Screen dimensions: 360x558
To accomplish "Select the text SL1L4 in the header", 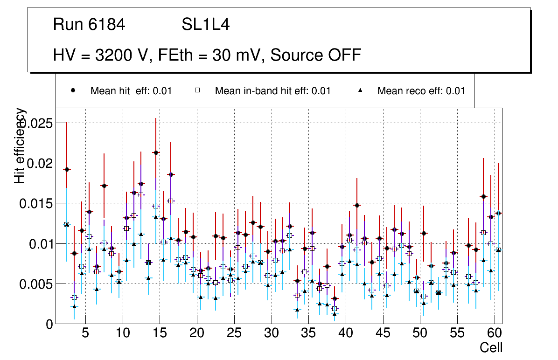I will coord(205,25).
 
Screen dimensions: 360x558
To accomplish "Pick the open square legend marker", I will coord(197,91).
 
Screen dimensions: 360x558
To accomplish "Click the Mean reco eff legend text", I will coord(421,91).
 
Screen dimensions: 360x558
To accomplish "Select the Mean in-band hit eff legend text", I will coord(272,91).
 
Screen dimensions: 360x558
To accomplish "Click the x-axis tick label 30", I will coord(271,334).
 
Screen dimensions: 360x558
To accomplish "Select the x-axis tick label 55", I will coord(457,334).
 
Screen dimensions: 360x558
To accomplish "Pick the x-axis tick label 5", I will coord(85,334).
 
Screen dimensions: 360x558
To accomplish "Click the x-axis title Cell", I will coord(491,348).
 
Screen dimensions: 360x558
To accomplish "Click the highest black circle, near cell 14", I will coord(156,152).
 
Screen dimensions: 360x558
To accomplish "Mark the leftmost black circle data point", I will coord(67,170).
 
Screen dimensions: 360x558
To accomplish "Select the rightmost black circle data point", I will coord(498,213).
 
